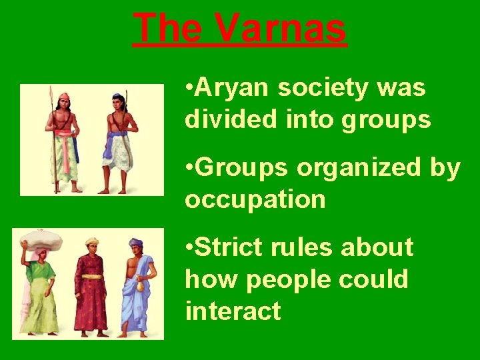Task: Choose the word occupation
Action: [x=255, y=199]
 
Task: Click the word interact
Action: [x=233, y=311]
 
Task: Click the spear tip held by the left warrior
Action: [x=51, y=93]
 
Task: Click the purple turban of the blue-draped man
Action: [x=137, y=243]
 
